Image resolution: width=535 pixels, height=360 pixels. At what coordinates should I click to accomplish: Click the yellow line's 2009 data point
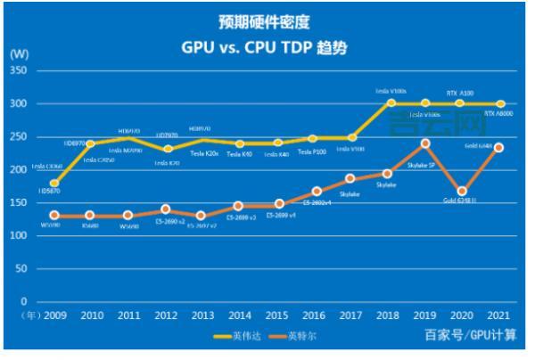54,184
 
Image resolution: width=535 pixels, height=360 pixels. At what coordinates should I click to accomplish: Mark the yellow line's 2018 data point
391,103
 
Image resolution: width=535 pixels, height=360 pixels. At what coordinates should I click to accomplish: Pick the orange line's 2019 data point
425,143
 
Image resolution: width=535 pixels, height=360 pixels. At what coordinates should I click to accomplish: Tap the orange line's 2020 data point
462,191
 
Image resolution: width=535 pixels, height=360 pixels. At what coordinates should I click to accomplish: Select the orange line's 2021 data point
499,147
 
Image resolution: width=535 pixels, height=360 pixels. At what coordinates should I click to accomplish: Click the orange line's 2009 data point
54,215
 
